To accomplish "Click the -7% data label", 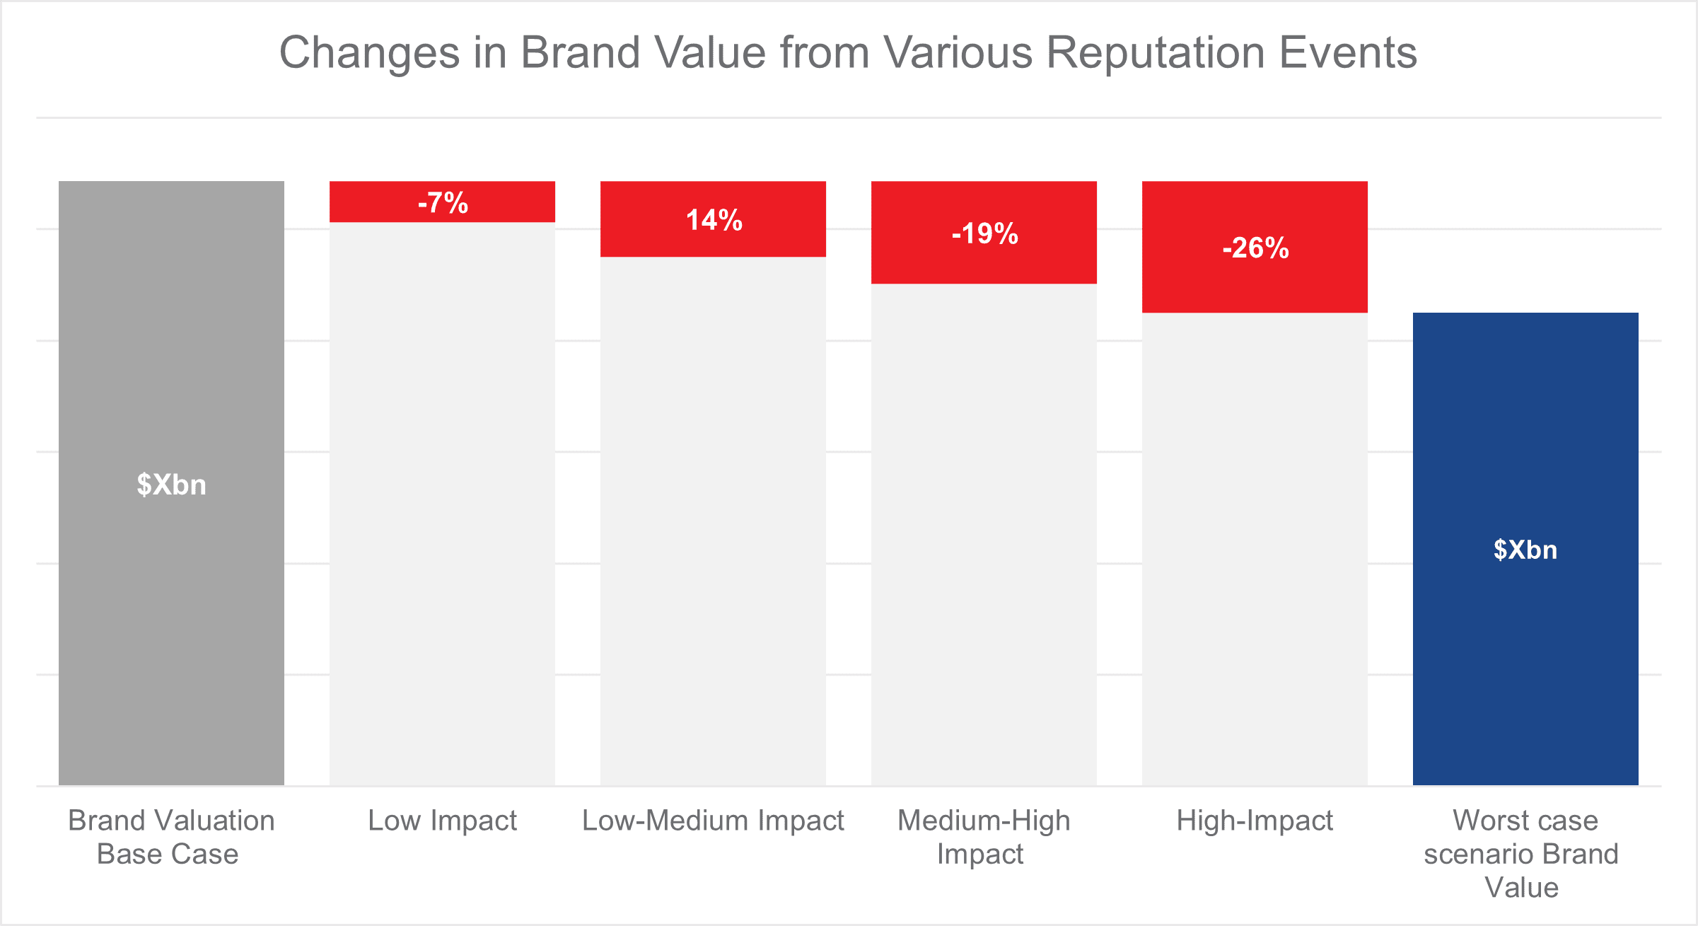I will click(x=443, y=203).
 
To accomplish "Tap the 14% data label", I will click(x=714, y=220).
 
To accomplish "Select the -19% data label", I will click(x=984, y=233).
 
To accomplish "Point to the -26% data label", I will click(x=1255, y=248).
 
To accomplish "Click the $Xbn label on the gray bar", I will click(x=172, y=485).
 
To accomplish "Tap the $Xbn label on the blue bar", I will click(x=1525, y=550).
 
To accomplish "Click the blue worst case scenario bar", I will click(x=1525, y=672).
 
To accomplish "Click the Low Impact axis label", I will click(x=443, y=821).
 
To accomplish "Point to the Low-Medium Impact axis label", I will click(x=714, y=821).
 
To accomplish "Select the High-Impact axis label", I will click(x=1255, y=821).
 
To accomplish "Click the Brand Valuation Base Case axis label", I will click(x=170, y=837).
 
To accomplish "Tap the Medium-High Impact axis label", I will click(x=984, y=837).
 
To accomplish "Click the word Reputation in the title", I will click(x=1155, y=53).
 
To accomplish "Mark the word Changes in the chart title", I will click(x=370, y=53).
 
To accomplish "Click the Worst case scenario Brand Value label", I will click(x=1522, y=854).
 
